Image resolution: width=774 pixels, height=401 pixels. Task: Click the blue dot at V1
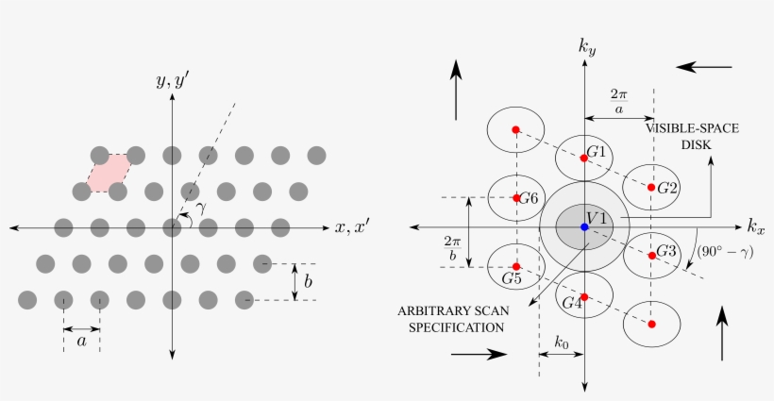point(584,226)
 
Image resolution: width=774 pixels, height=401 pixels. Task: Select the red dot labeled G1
point(584,159)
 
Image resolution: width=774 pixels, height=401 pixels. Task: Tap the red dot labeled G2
point(651,188)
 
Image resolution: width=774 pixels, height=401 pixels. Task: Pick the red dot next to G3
point(652,256)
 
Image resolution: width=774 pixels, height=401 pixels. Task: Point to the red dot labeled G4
point(584,297)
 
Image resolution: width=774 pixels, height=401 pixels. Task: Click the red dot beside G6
point(517,198)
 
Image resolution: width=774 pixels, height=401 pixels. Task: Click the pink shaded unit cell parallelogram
point(109,173)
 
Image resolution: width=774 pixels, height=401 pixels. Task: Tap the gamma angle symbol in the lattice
point(201,208)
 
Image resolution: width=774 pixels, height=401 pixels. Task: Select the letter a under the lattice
point(82,341)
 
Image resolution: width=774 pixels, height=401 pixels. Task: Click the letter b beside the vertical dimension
point(308,281)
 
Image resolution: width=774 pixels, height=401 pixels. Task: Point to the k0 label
point(562,342)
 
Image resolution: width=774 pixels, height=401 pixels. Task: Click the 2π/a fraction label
point(619,101)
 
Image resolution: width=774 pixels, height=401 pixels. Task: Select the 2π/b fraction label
point(453,248)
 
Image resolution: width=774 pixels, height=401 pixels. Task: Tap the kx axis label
point(756,226)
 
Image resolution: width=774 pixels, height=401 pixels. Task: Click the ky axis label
point(587,47)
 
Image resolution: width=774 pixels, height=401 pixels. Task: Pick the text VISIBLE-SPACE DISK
point(693,137)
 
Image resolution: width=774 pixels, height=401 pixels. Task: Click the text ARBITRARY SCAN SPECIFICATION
point(453,319)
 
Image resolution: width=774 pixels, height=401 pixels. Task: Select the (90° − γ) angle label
point(725,252)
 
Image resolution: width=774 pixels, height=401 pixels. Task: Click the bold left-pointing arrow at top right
point(703,67)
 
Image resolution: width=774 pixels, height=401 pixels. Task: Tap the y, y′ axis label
point(173,80)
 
